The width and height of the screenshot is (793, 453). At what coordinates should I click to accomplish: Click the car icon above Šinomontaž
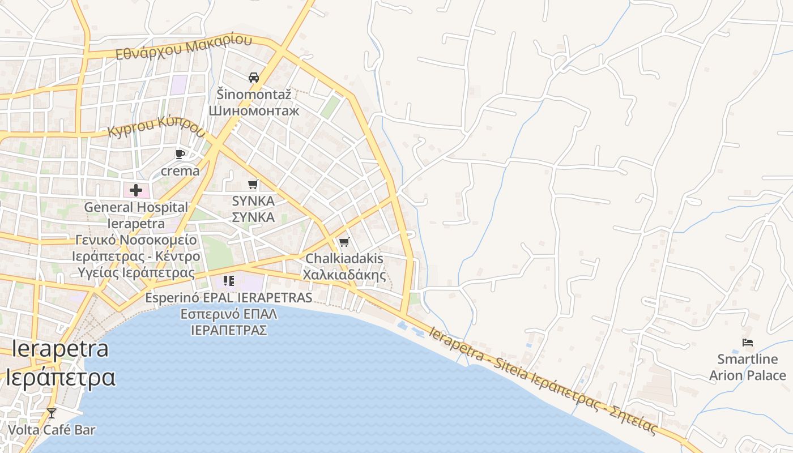click(x=254, y=78)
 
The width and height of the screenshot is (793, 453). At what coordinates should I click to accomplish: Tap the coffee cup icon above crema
click(x=180, y=154)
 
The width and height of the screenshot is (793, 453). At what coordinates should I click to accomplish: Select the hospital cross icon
click(x=136, y=190)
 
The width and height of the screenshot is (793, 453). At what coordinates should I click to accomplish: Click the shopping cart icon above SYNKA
click(x=253, y=184)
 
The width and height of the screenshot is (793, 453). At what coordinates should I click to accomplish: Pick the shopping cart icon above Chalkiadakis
click(x=344, y=242)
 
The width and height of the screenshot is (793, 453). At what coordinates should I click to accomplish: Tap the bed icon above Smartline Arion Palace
click(x=748, y=343)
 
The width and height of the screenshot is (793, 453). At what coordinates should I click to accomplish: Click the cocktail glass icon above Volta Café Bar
click(x=52, y=413)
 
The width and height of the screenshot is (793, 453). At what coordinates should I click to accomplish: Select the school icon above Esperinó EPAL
click(x=229, y=281)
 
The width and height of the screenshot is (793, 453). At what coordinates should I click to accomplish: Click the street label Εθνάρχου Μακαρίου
click(x=184, y=48)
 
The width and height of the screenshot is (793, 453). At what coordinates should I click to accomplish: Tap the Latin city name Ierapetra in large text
click(x=60, y=349)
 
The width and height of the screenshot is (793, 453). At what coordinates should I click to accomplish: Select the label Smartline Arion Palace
click(x=748, y=367)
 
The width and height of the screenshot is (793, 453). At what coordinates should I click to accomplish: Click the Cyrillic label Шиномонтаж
click(x=254, y=110)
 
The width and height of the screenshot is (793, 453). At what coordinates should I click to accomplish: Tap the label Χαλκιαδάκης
click(x=344, y=276)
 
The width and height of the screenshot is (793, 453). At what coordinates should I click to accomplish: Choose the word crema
click(x=180, y=171)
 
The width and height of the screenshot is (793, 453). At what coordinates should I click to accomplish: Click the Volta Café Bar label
click(x=52, y=430)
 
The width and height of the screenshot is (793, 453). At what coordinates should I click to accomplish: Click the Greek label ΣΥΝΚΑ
click(x=253, y=217)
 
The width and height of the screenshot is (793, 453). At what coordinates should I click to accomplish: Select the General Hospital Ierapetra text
click(x=136, y=215)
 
